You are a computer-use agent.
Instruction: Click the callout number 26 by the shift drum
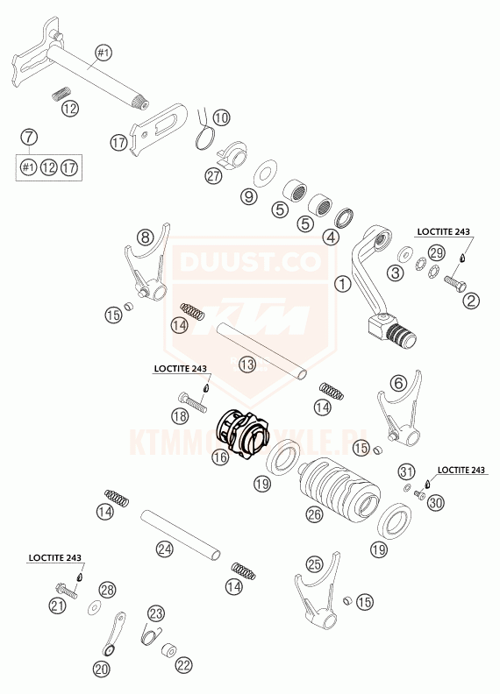click(x=315, y=515)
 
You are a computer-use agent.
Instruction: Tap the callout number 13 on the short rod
click(x=247, y=363)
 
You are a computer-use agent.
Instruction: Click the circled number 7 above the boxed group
click(x=30, y=137)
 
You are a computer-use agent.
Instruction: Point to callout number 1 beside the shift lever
click(x=342, y=284)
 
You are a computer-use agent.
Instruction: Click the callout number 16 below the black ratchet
click(x=219, y=457)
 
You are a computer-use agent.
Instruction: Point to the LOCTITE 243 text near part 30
click(x=460, y=471)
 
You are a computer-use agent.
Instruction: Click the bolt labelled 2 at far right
click(x=454, y=282)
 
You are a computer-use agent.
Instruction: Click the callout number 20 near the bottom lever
click(x=102, y=669)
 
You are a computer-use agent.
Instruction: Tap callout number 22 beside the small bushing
click(x=182, y=666)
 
